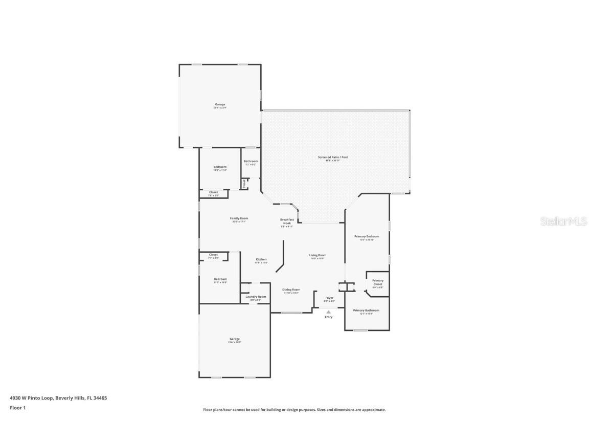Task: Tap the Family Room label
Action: (239, 218)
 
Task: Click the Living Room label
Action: (317, 255)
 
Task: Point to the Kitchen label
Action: (261, 260)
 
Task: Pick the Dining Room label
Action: (291, 290)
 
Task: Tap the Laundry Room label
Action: (256, 297)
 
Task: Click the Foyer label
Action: (329, 298)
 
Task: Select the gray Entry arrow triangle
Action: (329, 312)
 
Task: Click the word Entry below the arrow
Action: (329, 317)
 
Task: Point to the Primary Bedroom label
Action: (367, 236)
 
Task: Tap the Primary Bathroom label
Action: (366, 310)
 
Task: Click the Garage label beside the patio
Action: (220, 104)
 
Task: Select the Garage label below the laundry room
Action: (234, 339)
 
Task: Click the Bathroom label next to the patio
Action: (251, 161)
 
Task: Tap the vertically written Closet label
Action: (244, 183)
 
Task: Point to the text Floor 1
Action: (17, 408)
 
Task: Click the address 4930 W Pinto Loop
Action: (32, 397)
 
